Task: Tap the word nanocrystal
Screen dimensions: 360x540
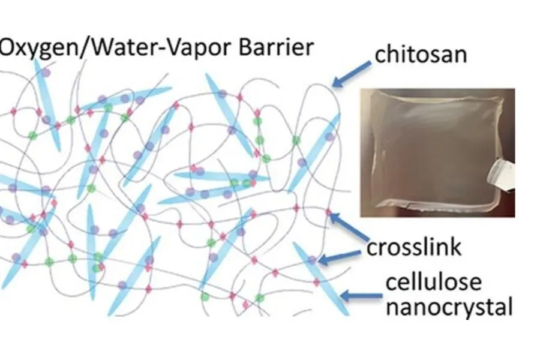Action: (x=449, y=307)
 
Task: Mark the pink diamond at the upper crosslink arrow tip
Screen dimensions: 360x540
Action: (x=328, y=212)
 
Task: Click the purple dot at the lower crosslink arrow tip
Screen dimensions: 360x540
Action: (x=311, y=260)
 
